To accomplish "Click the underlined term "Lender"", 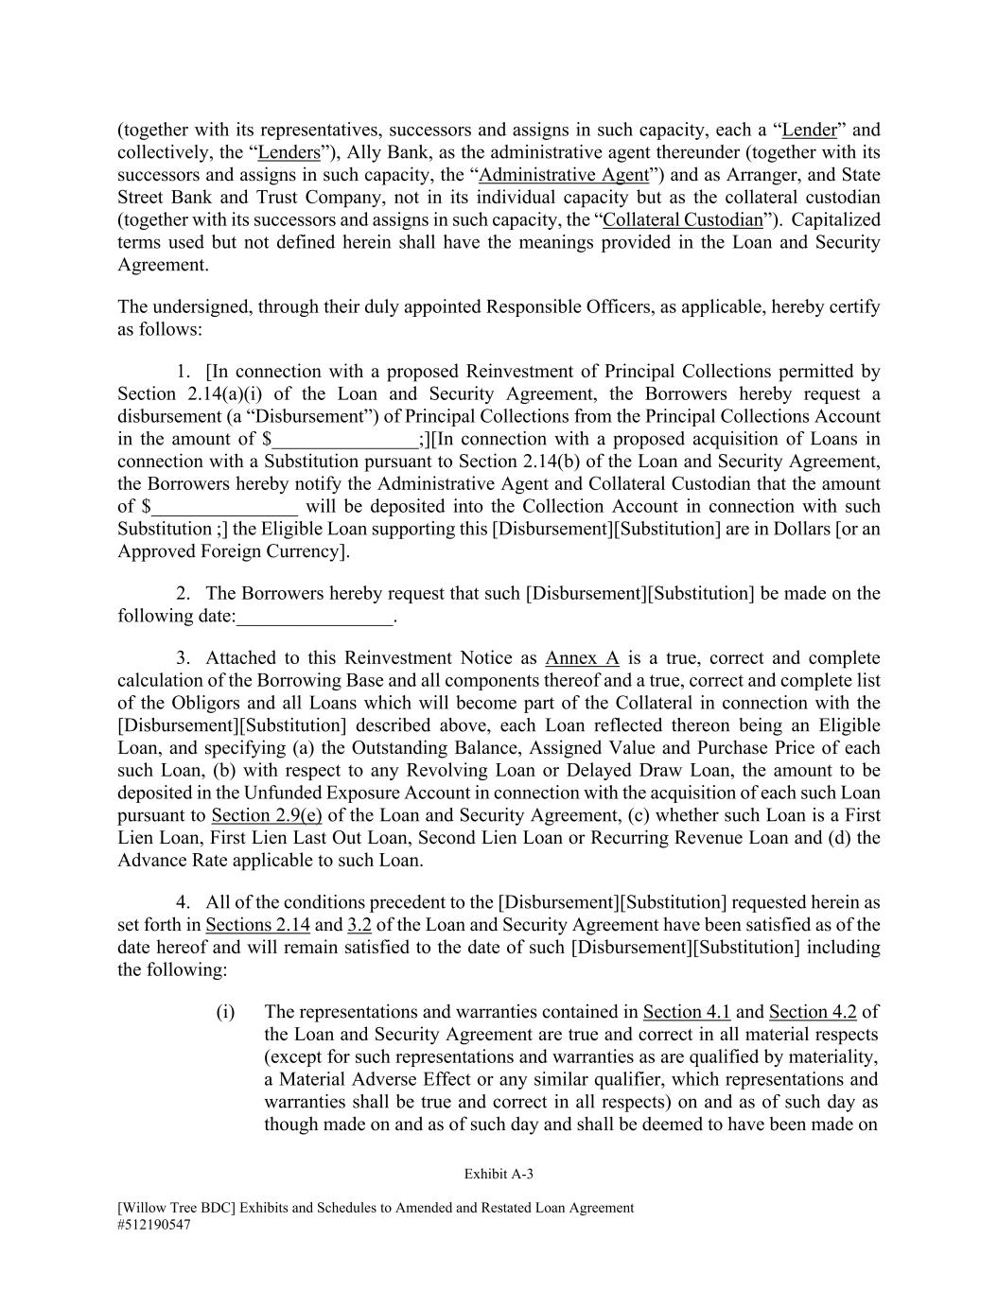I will [810, 131].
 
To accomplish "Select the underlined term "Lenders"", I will [289, 153].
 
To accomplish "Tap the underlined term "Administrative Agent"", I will [565, 176].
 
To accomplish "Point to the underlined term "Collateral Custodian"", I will [682, 220].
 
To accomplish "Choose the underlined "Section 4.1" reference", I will [687, 1012].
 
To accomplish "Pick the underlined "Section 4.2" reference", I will [813, 1012].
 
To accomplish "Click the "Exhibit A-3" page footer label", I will [499, 1175].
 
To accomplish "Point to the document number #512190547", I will [155, 1224].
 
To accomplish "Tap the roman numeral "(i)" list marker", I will [225, 1012].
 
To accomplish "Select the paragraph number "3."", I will [184, 658].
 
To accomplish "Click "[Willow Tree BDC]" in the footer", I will [173, 1208].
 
